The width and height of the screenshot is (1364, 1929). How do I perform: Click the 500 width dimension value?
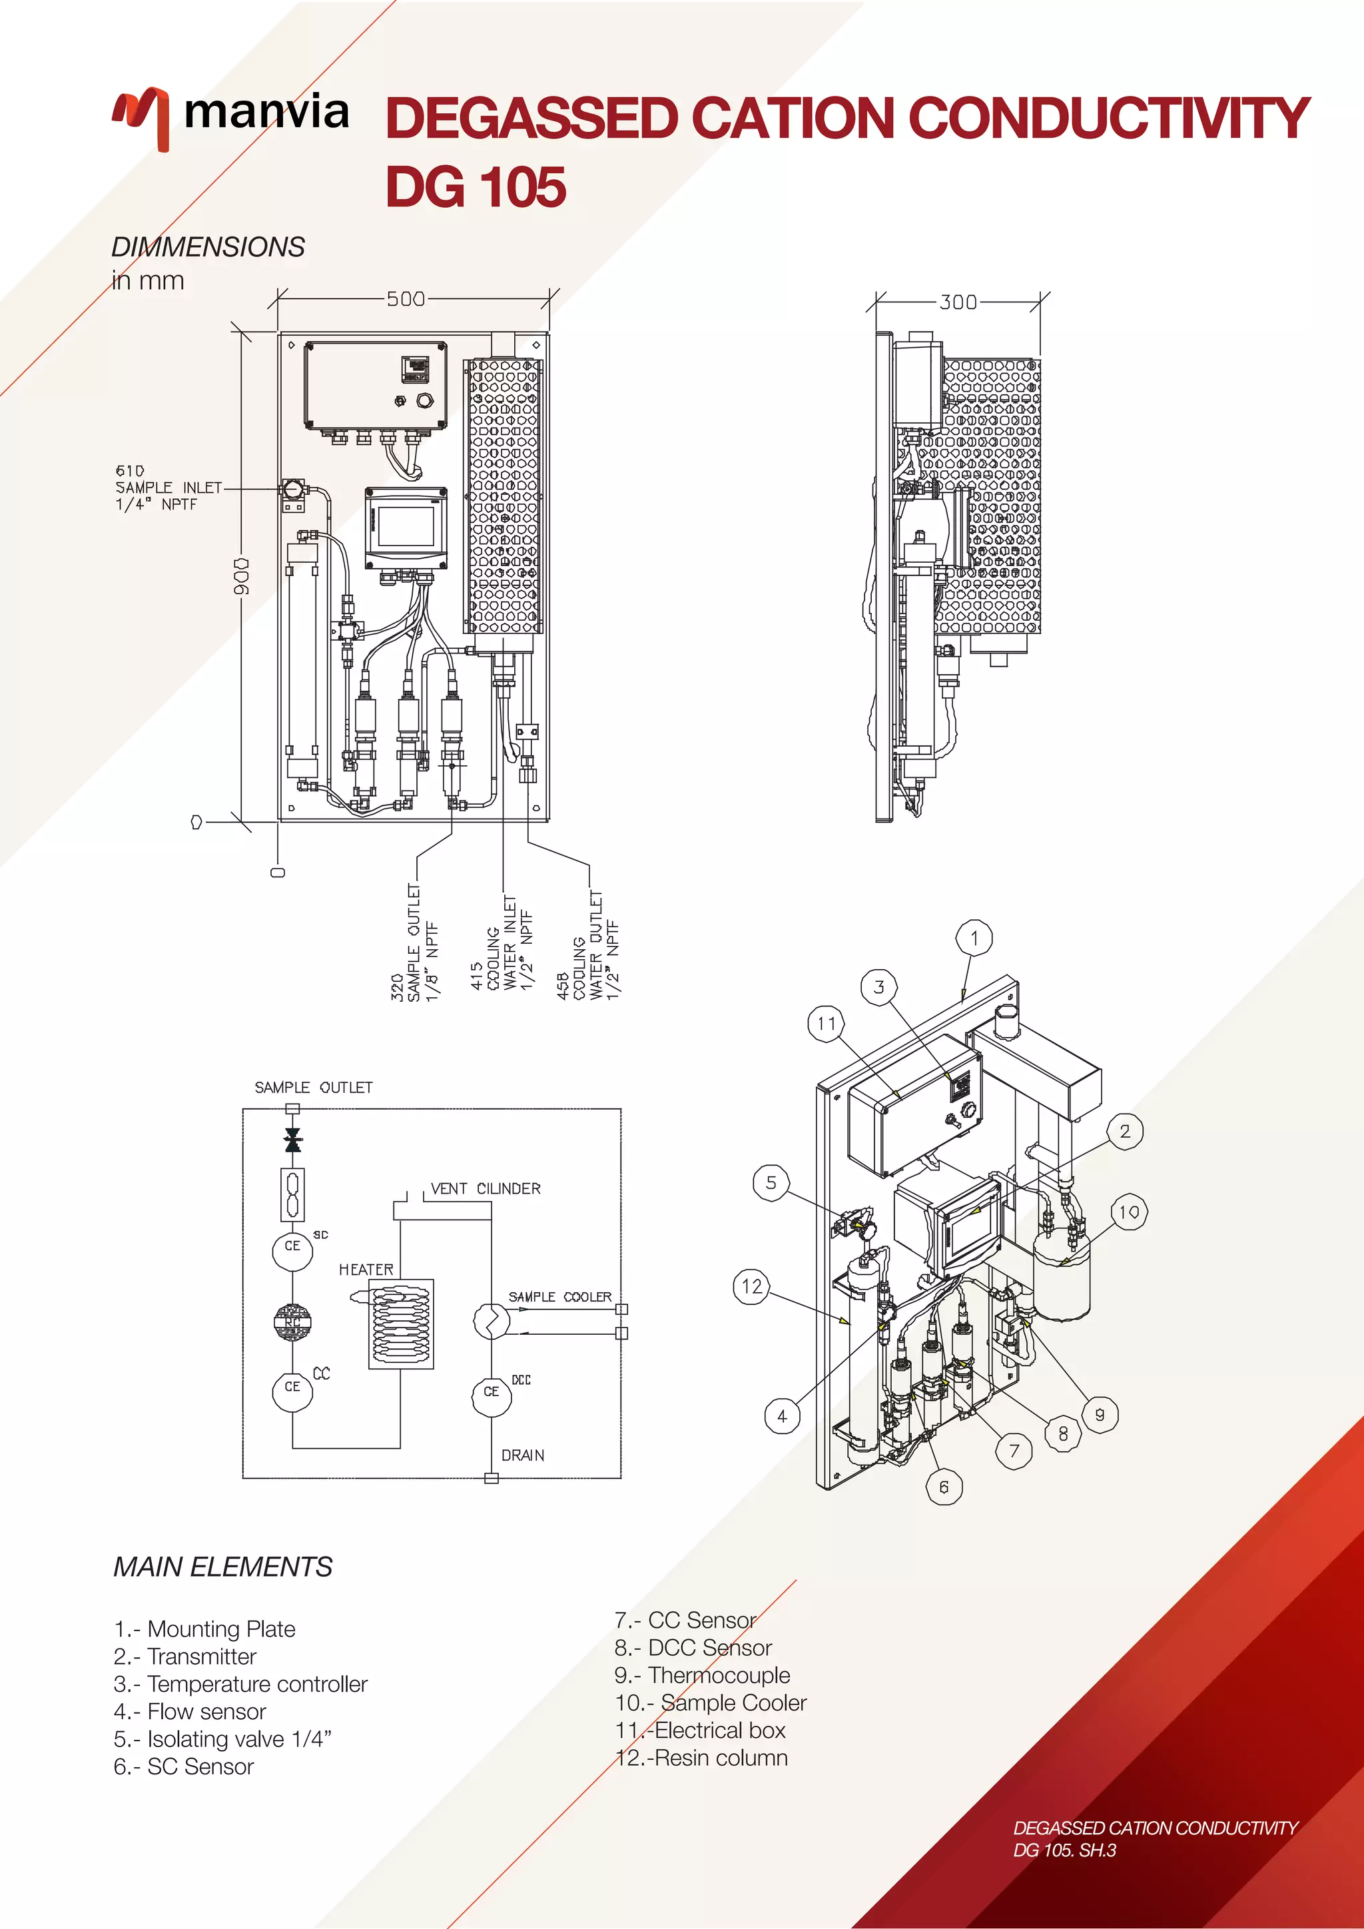tap(406, 299)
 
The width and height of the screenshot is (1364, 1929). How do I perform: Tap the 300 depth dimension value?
tap(958, 302)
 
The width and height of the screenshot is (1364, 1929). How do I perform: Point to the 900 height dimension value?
tap(242, 576)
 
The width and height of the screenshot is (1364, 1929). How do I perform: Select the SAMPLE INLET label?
tap(168, 488)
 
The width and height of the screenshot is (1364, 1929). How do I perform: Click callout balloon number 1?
tap(974, 938)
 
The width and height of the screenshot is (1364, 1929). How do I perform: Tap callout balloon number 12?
tap(752, 1286)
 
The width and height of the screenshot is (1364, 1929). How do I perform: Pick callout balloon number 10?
tap(1129, 1212)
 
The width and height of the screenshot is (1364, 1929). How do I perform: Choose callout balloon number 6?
tap(944, 1487)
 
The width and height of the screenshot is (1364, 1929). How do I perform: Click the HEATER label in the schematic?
tap(366, 1270)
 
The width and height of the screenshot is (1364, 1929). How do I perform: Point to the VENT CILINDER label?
tap(486, 1189)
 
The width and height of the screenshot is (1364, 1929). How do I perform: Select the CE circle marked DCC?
tap(492, 1392)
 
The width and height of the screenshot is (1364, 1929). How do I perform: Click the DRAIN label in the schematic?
tap(522, 1455)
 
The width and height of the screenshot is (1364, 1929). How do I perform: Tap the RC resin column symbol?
tap(292, 1322)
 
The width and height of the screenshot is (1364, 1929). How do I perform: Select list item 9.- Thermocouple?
tap(702, 1675)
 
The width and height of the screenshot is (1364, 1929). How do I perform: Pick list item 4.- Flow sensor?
tap(190, 1711)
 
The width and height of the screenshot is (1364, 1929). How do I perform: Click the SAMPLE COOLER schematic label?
tap(559, 1297)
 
